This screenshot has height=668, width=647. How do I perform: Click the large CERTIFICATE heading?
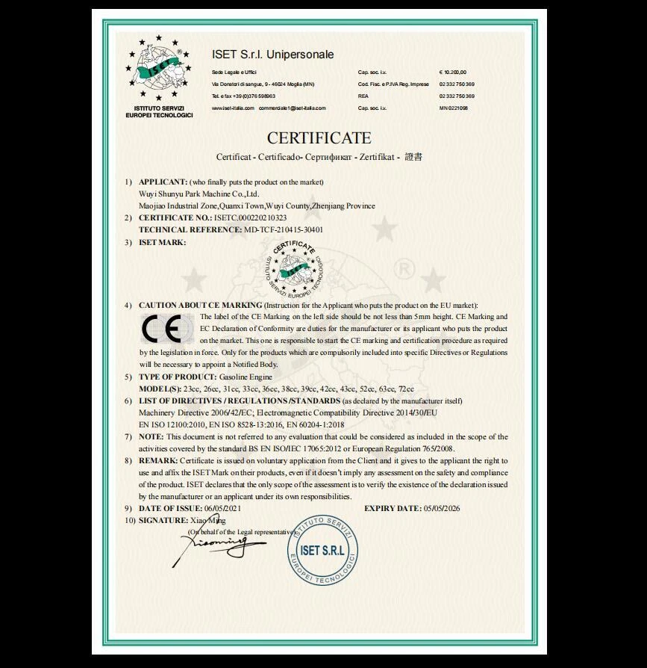(319, 138)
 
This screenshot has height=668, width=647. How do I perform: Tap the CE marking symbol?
(161, 329)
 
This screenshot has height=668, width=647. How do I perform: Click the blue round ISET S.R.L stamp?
(323, 551)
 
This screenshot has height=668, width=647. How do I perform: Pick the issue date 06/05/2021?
(224, 508)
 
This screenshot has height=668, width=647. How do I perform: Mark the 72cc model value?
(407, 389)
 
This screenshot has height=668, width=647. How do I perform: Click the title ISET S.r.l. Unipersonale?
(272, 55)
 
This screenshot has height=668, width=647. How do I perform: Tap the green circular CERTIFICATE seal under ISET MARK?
(294, 267)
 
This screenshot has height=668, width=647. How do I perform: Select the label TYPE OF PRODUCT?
(178, 377)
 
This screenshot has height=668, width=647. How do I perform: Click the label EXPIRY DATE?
(393, 508)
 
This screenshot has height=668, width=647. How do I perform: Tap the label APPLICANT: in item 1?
(163, 182)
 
